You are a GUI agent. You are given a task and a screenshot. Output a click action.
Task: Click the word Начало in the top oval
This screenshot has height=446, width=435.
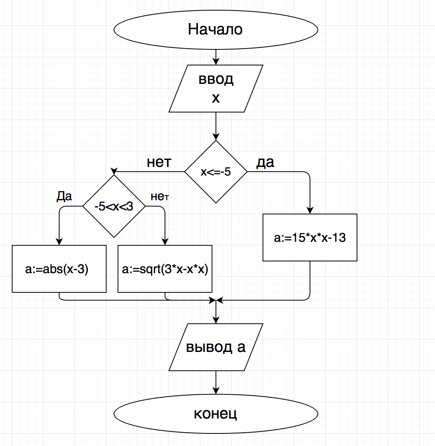(215, 29)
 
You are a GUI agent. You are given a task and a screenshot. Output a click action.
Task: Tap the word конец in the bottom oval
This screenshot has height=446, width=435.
(216, 413)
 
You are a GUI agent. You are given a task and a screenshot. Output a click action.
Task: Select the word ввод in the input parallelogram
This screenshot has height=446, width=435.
(216, 79)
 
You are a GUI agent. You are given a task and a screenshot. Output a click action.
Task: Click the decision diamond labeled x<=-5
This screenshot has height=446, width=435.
(216, 172)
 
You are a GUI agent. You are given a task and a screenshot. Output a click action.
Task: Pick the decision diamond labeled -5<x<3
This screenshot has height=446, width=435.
(114, 206)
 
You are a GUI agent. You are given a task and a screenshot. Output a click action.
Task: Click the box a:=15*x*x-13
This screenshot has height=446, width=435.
(310, 238)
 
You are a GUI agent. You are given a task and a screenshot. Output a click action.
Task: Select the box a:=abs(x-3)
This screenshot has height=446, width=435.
(59, 269)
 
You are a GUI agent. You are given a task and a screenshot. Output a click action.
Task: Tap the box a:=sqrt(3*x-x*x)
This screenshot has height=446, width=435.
(165, 269)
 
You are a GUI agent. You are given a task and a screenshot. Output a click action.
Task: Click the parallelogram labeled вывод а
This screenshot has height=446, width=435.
(216, 347)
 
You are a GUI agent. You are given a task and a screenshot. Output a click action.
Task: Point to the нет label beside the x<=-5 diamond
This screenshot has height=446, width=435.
(159, 162)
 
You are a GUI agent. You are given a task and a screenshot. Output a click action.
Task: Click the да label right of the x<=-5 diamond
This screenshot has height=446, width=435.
(265, 162)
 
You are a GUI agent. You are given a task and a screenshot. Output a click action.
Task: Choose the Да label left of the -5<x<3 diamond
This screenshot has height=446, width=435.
(64, 196)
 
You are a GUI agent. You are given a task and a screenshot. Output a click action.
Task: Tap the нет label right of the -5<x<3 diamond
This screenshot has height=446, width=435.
(159, 197)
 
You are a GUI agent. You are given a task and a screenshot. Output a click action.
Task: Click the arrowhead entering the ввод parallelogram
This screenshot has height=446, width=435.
(216, 62)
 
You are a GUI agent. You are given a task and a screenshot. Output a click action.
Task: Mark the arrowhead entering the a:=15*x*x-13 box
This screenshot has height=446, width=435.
(310, 210)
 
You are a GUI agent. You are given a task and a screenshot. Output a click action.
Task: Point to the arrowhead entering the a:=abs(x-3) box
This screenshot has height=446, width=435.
(59, 242)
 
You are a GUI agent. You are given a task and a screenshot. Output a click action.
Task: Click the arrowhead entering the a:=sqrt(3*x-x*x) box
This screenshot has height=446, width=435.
(165, 242)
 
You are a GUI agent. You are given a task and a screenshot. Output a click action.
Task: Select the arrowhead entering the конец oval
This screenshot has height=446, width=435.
(216, 391)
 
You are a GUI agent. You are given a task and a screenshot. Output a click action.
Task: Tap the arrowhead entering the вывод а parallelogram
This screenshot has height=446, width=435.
(216, 320)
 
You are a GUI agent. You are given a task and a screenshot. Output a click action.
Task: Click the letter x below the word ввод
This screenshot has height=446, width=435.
(216, 98)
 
